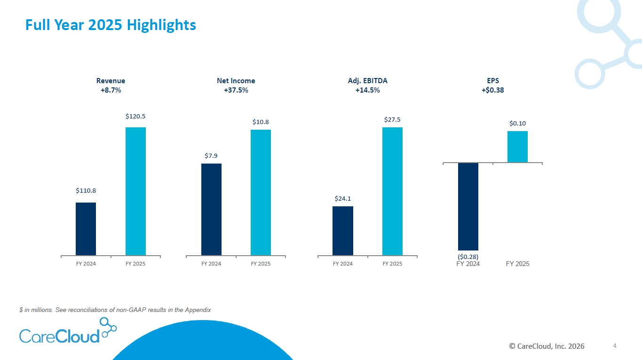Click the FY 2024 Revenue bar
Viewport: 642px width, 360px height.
86,229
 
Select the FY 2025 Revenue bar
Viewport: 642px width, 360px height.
135,191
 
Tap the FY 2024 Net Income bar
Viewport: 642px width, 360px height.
211,210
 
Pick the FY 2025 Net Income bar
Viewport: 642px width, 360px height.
261,193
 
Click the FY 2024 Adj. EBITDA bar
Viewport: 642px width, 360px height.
343,231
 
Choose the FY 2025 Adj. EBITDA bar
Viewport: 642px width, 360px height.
392,191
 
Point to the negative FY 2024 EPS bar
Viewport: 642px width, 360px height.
468,206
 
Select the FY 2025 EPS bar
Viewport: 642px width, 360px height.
517,147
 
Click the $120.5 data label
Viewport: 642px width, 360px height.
135,116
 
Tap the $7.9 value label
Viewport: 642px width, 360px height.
211,155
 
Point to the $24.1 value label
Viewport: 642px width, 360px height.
343,198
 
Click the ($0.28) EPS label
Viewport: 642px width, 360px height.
468,257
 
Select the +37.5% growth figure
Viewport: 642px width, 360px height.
236,90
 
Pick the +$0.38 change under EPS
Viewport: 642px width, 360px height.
493,90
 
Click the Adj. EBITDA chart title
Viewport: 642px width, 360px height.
368,81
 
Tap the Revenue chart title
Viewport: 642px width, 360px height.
111,81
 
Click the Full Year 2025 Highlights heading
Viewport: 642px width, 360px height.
111,24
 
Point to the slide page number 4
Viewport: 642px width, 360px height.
615,346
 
